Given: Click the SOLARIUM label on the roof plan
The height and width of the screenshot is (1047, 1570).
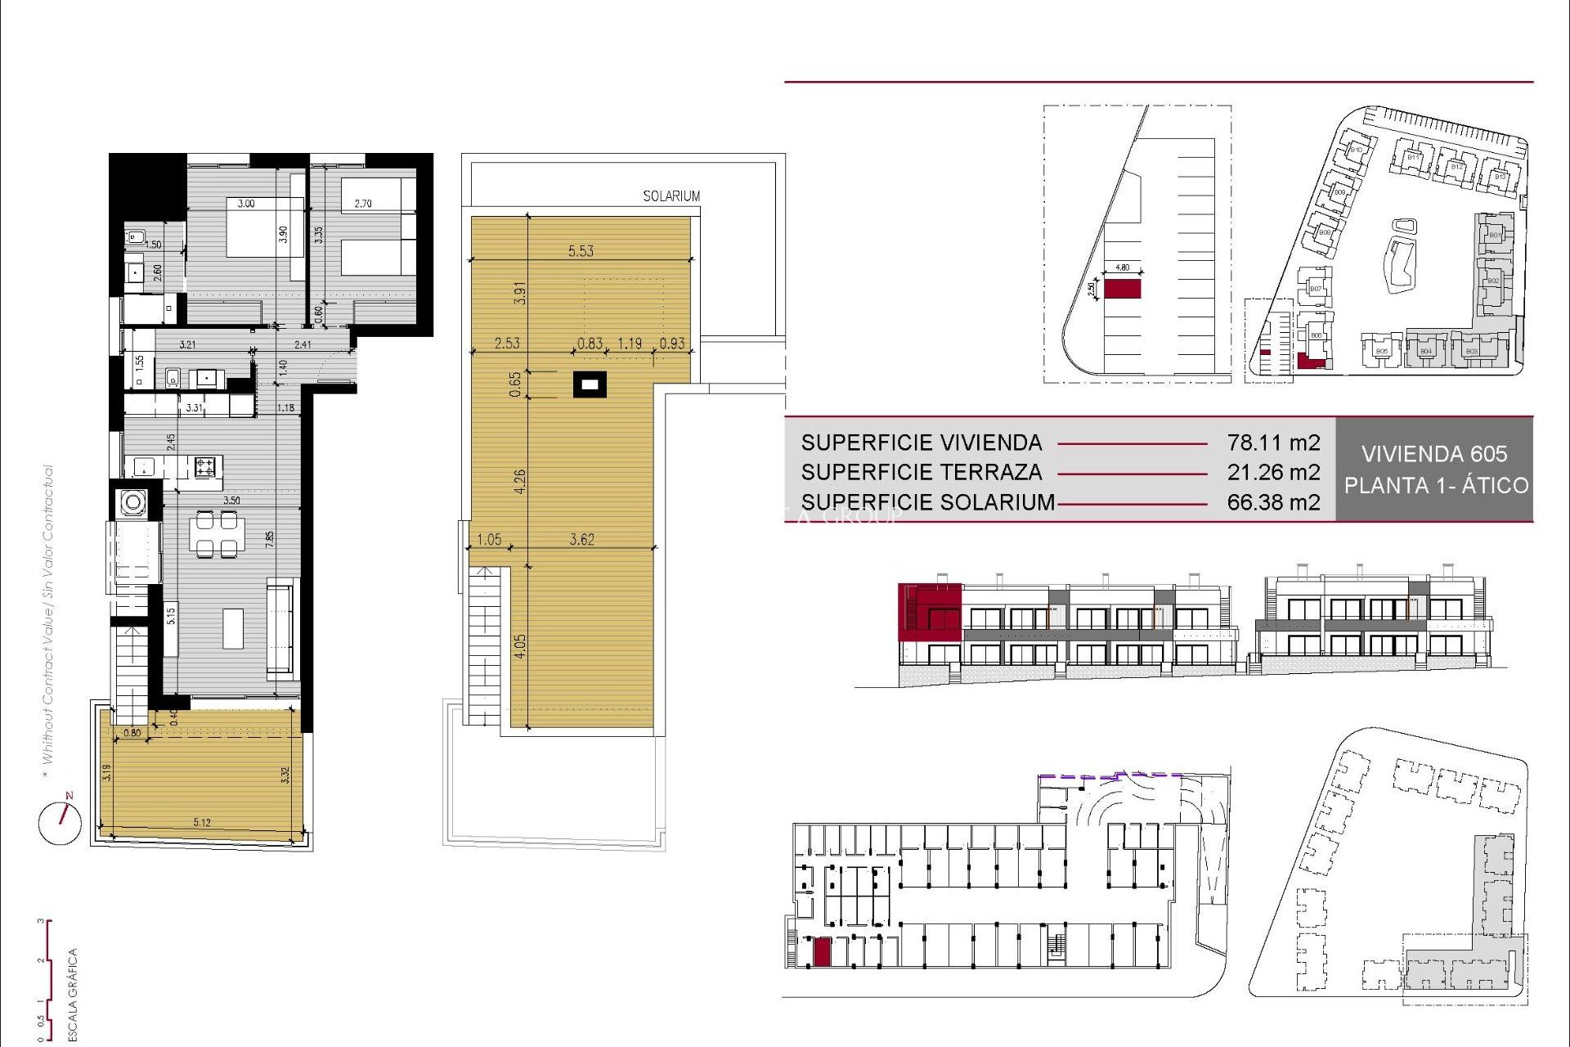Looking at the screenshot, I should click(671, 196).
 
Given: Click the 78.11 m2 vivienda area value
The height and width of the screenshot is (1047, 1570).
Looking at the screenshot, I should click(1273, 443).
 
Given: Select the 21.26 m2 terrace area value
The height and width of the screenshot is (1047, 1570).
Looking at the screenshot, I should click(1273, 472).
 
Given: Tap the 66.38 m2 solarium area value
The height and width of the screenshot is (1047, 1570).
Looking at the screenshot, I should click(1273, 502).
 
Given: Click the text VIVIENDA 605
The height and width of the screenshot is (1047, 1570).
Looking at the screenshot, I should click(1434, 454).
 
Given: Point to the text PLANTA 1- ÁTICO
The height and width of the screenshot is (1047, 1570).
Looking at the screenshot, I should click(1436, 485).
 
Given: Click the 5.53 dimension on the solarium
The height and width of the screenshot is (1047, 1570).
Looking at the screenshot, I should click(581, 251).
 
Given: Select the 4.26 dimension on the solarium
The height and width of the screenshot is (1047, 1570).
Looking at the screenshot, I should click(520, 481).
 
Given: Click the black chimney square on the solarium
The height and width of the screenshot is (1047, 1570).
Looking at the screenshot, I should click(590, 384).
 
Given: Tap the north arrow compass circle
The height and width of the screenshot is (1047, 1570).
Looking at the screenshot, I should click(61, 823).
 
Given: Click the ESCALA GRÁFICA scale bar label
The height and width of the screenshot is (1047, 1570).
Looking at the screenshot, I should click(72, 994).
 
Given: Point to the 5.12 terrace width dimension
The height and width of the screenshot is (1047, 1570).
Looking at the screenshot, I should click(202, 822).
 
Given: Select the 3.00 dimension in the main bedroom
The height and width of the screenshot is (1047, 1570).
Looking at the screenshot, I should click(246, 204).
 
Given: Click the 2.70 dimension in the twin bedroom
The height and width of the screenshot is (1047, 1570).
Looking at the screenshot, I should click(363, 204).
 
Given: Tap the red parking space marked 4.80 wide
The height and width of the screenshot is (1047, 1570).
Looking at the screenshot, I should click(1122, 289).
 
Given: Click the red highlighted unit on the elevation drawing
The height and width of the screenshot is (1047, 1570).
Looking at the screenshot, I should click(929, 611).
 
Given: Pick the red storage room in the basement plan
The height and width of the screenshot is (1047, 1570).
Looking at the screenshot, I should click(822, 952).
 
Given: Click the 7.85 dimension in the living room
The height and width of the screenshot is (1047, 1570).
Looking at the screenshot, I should click(270, 539).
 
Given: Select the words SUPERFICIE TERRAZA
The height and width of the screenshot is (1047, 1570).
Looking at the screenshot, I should click(921, 472).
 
